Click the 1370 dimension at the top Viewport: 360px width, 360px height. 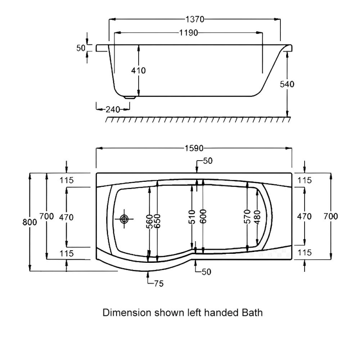tap(194, 19)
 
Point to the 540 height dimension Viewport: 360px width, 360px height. tap(287, 84)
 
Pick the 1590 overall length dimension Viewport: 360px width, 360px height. tap(194, 148)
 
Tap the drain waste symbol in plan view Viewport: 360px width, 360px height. tap(124, 219)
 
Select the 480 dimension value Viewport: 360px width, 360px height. tap(256, 217)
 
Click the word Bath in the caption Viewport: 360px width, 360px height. tap(253, 312)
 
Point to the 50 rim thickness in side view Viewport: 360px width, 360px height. tap(81, 48)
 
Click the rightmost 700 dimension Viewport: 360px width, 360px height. tap(331, 216)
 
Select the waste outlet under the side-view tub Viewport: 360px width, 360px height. tap(130, 96)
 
